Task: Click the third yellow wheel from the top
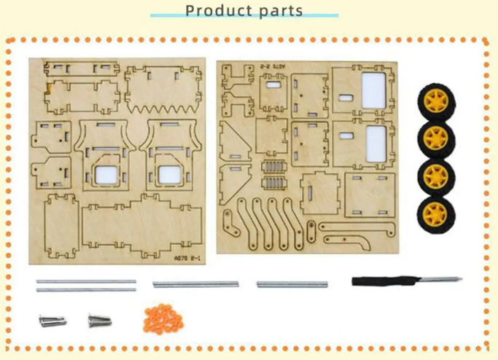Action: [x=435, y=175]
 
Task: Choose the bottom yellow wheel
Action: [x=435, y=214]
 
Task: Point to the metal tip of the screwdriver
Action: [x=437, y=279]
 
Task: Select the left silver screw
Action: [x=52, y=320]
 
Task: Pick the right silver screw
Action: [x=98, y=319]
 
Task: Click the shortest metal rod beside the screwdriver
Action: [x=292, y=284]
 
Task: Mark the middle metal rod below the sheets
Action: [x=195, y=284]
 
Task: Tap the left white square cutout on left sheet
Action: [x=103, y=174]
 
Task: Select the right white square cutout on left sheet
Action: [x=169, y=174]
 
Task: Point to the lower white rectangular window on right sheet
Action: [x=376, y=143]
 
